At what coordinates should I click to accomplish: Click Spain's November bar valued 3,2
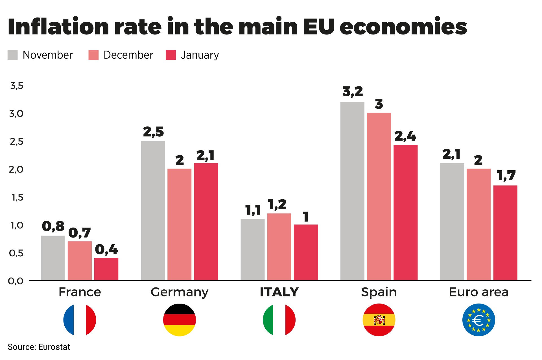click(352, 191)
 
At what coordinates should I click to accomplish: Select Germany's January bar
click(206, 222)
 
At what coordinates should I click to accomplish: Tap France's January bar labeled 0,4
click(106, 269)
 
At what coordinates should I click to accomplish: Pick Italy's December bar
click(279, 247)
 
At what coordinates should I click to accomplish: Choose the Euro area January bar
click(505, 233)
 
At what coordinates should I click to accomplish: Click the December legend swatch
click(93, 55)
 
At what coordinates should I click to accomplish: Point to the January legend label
click(200, 55)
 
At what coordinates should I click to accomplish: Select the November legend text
click(47, 55)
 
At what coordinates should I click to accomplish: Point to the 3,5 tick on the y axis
click(17, 86)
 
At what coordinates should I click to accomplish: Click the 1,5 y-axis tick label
click(17, 197)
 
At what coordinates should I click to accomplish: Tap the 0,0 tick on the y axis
click(16, 281)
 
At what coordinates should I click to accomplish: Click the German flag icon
click(180, 320)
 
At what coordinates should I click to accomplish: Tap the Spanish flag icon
click(379, 320)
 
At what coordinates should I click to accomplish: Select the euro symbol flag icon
click(478, 320)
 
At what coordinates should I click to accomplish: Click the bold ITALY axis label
click(279, 292)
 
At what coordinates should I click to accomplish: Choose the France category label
click(80, 292)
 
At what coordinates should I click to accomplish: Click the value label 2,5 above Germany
click(153, 132)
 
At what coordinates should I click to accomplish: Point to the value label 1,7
click(506, 176)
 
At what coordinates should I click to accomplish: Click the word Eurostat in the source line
click(54, 347)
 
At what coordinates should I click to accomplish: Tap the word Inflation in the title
click(58, 27)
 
